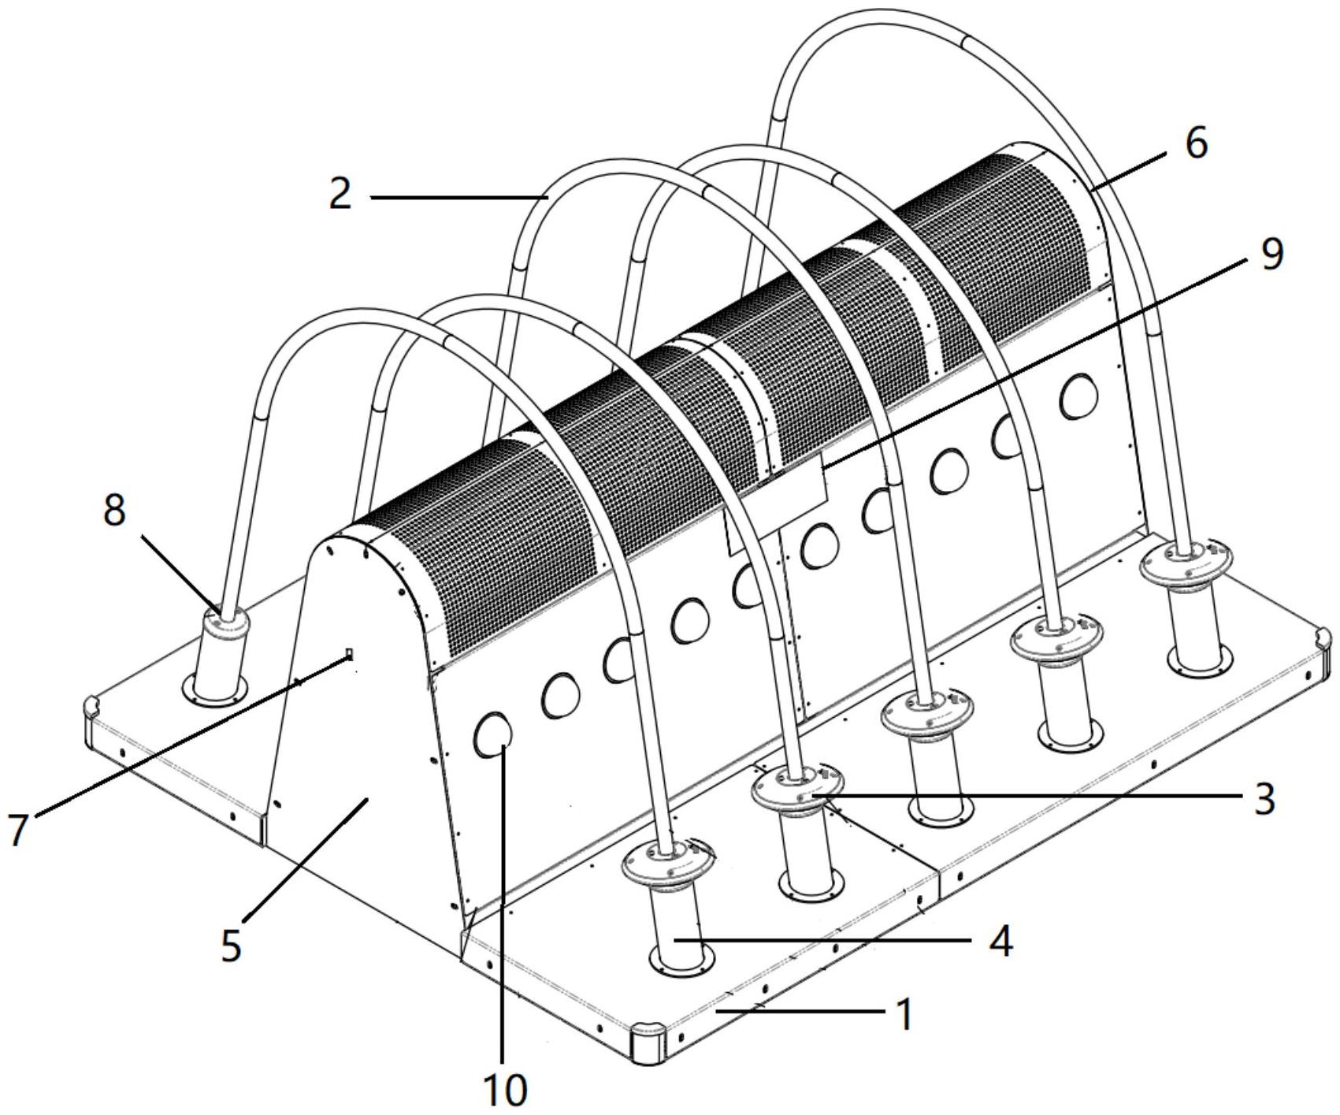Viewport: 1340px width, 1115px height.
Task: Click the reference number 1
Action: (x=906, y=1014)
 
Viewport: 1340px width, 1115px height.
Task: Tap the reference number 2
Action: (x=340, y=194)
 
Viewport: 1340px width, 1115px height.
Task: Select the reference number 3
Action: (x=1264, y=798)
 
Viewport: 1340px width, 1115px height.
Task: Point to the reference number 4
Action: (x=1000, y=941)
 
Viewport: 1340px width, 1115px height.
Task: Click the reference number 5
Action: (x=231, y=945)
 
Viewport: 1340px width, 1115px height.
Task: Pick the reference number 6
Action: (x=1196, y=143)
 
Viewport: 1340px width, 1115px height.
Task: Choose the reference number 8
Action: (x=114, y=511)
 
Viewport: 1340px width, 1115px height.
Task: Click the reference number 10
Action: (x=504, y=1090)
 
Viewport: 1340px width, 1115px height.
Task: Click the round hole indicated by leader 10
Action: (x=494, y=734)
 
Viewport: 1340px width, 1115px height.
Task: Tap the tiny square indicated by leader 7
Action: (x=350, y=653)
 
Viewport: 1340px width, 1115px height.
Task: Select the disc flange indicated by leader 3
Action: (x=796, y=791)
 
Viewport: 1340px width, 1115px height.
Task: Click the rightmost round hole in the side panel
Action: (x=1078, y=396)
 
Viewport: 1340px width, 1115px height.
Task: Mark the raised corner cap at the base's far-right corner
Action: (x=1321, y=639)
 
